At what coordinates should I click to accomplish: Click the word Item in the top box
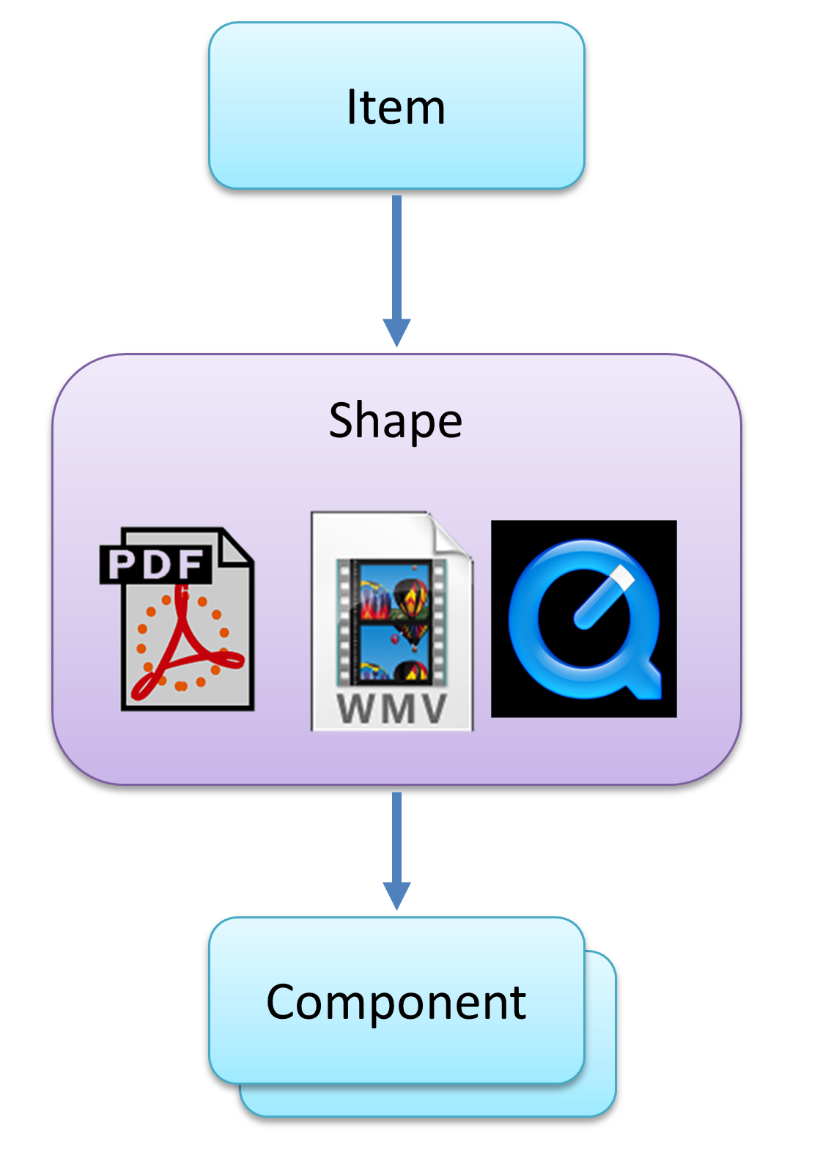[396, 108]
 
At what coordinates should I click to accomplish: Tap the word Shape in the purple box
[396, 421]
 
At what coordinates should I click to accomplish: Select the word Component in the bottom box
[396, 1002]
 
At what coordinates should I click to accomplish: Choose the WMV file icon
[392, 621]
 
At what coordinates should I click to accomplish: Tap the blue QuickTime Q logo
[584, 619]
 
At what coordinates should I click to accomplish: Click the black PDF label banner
[155, 564]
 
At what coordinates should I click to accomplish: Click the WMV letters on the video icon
[392, 708]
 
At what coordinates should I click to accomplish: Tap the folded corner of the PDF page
[236, 550]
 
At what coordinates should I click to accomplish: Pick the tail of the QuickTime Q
[645, 681]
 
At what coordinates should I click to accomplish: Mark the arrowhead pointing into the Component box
[396, 895]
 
